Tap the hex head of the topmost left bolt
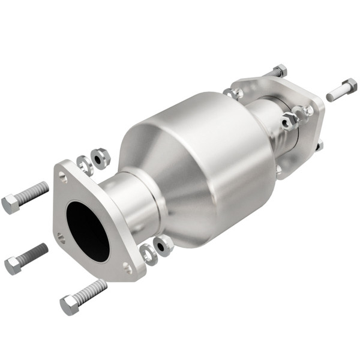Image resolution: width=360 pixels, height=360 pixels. (11, 204)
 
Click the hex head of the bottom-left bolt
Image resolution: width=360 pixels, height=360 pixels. (69, 305)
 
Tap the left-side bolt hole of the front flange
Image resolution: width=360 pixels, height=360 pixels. (61, 238)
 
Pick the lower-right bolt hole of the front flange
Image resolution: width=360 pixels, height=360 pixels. (127, 268)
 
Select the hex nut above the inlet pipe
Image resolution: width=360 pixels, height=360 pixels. (101, 158)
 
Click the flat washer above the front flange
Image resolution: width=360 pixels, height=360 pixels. (85, 164)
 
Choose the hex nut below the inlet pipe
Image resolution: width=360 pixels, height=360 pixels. (162, 244)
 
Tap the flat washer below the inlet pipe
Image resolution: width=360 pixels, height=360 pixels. (148, 253)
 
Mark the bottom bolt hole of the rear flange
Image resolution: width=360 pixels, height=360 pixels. (280, 169)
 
